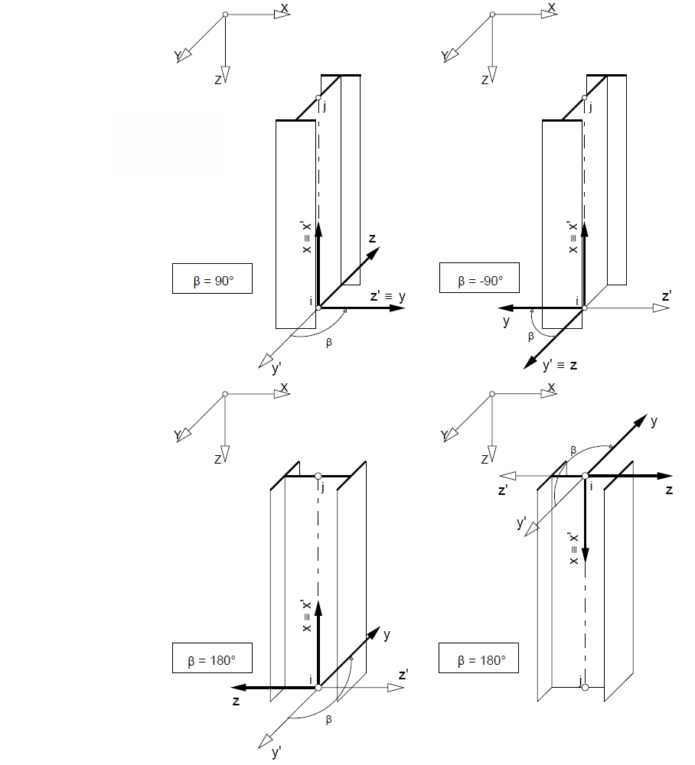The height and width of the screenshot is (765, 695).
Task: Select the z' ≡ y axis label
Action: click(x=387, y=295)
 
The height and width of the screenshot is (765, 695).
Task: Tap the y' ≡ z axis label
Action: click(x=560, y=366)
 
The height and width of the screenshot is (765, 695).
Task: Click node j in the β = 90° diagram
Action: click(x=318, y=98)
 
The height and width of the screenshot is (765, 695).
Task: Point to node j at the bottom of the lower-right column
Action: click(x=585, y=687)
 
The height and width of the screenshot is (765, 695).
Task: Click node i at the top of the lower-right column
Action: click(x=585, y=476)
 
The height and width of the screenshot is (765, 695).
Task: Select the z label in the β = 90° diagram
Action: click(x=372, y=238)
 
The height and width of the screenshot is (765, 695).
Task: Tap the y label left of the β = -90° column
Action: click(x=506, y=321)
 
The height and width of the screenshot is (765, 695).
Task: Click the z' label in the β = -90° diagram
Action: click(x=667, y=295)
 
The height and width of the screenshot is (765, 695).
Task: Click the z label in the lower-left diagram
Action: click(x=237, y=700)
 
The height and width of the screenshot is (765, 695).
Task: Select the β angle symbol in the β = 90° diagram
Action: click(x=329, y=342)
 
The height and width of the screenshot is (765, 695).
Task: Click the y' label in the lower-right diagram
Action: click(x=522, y=523)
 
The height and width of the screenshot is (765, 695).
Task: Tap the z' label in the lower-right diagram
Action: click(x=503, y=490)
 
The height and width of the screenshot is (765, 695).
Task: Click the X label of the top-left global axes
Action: click(x=285, y=8)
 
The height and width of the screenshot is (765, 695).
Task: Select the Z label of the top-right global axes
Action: click(x=485, y=79)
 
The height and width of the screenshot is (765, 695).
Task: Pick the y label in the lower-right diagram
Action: click(x=654, y=421)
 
